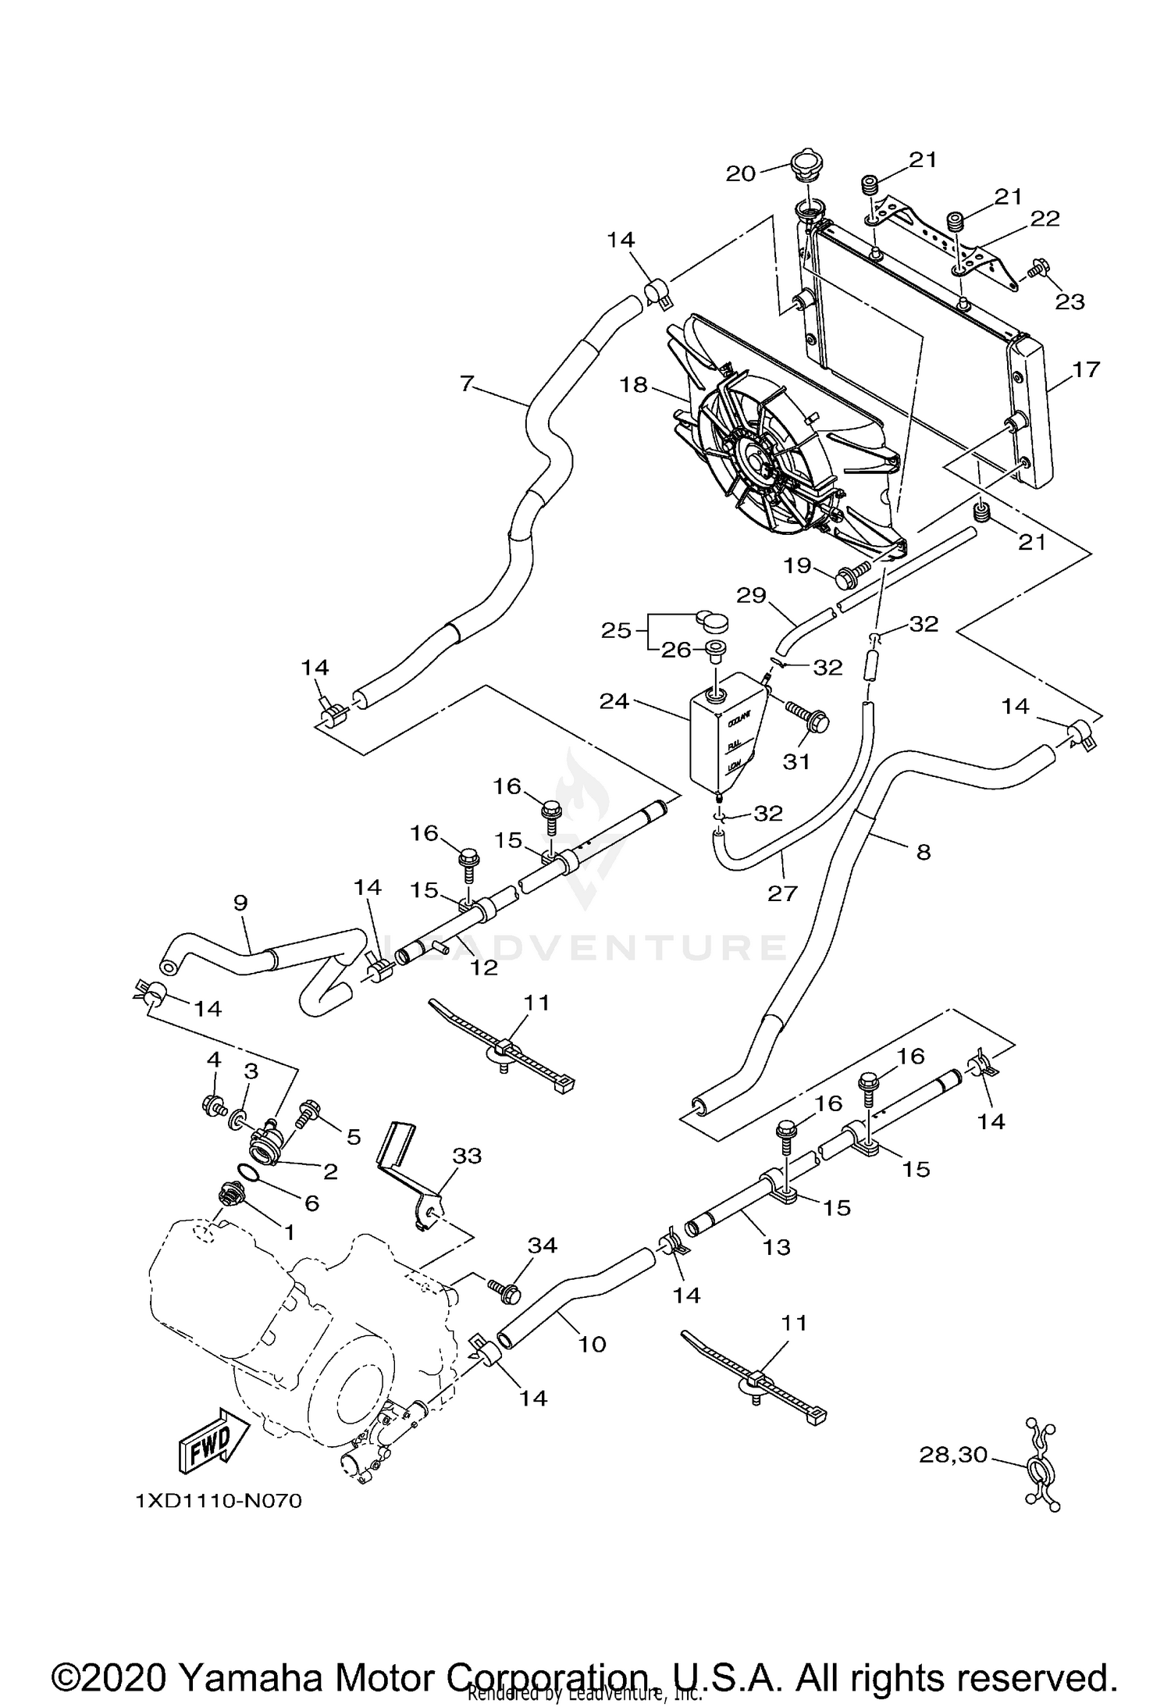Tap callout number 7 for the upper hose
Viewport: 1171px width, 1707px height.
coord(467,383)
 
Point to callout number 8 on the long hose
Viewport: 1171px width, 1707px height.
coord(924,852)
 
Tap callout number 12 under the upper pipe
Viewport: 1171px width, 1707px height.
coord(484,967)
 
